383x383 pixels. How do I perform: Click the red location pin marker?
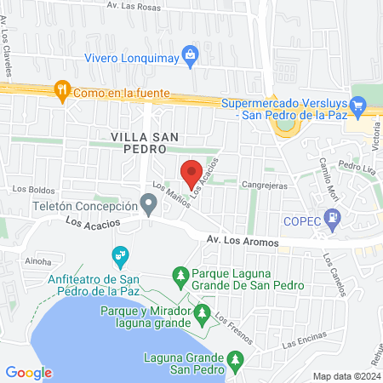point(191,174)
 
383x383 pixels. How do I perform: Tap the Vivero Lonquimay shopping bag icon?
point(191,57)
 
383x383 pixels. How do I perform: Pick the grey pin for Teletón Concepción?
point(149,204)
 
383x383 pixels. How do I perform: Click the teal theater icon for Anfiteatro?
point(120,254)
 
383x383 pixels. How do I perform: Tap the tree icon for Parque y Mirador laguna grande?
point(202,314)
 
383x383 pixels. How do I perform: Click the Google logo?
point(29,372)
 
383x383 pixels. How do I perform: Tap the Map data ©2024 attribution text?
point(346,375)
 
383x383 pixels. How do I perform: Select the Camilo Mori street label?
point(329,178)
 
